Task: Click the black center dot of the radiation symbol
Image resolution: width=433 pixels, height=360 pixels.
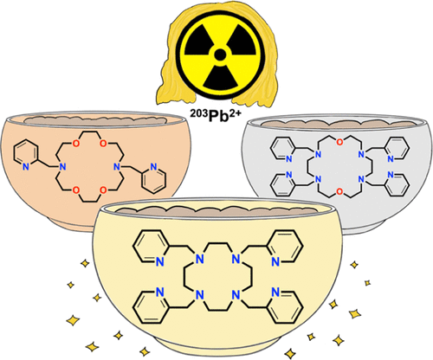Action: click(220, 55)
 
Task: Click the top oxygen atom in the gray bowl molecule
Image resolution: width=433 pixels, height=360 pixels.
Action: click(340, 142)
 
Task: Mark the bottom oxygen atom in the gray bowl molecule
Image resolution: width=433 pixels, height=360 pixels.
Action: click(340, 191)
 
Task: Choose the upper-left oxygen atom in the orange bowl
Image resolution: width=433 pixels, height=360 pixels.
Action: click(75, 144)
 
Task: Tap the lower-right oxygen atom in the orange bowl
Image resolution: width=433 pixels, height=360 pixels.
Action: click(104, 190)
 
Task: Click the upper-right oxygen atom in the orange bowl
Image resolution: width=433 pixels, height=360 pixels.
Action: click(104, 144)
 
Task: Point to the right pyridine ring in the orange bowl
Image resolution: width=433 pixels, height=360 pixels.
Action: click(153, 178)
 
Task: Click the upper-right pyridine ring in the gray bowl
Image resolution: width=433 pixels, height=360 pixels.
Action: click(397, 150)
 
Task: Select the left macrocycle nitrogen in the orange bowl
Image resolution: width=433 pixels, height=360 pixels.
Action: click(62, 166)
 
